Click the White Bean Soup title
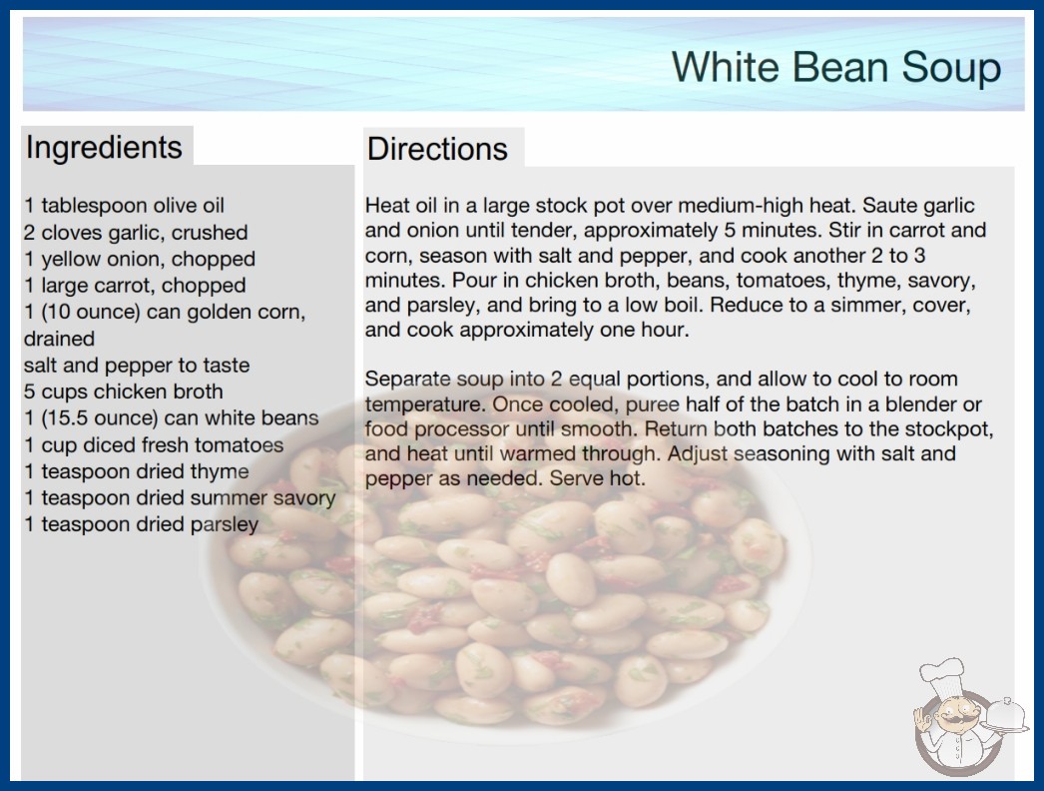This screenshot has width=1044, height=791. click(836, 67)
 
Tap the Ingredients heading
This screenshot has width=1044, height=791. click(104, 148)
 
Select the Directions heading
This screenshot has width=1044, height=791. click(437, 149)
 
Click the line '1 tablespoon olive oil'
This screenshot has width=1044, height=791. click(124, 206)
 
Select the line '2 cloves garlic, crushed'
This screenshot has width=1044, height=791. click(136, 233)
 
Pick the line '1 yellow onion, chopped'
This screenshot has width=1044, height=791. click(140, 260)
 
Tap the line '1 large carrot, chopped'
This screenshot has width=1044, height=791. click(135, 286)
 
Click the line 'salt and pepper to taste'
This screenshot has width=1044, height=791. click(137, 366)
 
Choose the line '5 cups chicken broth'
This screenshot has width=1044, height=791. click(123, 392)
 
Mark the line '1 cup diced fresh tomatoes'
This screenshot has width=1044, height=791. click(154, 445)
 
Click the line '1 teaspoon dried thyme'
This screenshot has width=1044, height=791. click(137, 471)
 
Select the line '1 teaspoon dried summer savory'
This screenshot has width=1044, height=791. click(180, 498)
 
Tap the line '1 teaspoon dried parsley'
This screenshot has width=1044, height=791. click(141, 525)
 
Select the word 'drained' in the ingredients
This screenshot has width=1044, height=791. click(59, 339)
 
